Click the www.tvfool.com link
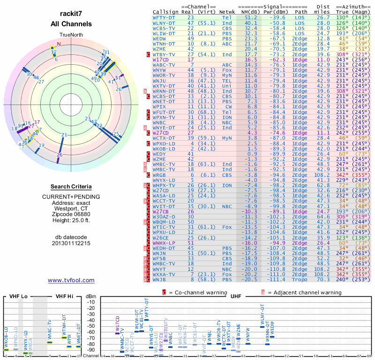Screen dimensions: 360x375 coord(71,280)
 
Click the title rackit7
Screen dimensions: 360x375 coord(71,15)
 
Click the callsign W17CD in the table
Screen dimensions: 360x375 coord(161,60)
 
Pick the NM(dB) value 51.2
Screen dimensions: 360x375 coord(251,18)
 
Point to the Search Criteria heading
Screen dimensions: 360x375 coord(71,187)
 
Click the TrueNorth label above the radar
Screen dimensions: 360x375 coord(71,35)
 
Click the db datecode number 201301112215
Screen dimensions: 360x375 coord(71,244)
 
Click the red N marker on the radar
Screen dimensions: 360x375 coord(59,45)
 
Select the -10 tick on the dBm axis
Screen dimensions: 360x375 coord(90,302)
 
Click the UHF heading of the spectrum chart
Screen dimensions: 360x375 coord(236,296)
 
